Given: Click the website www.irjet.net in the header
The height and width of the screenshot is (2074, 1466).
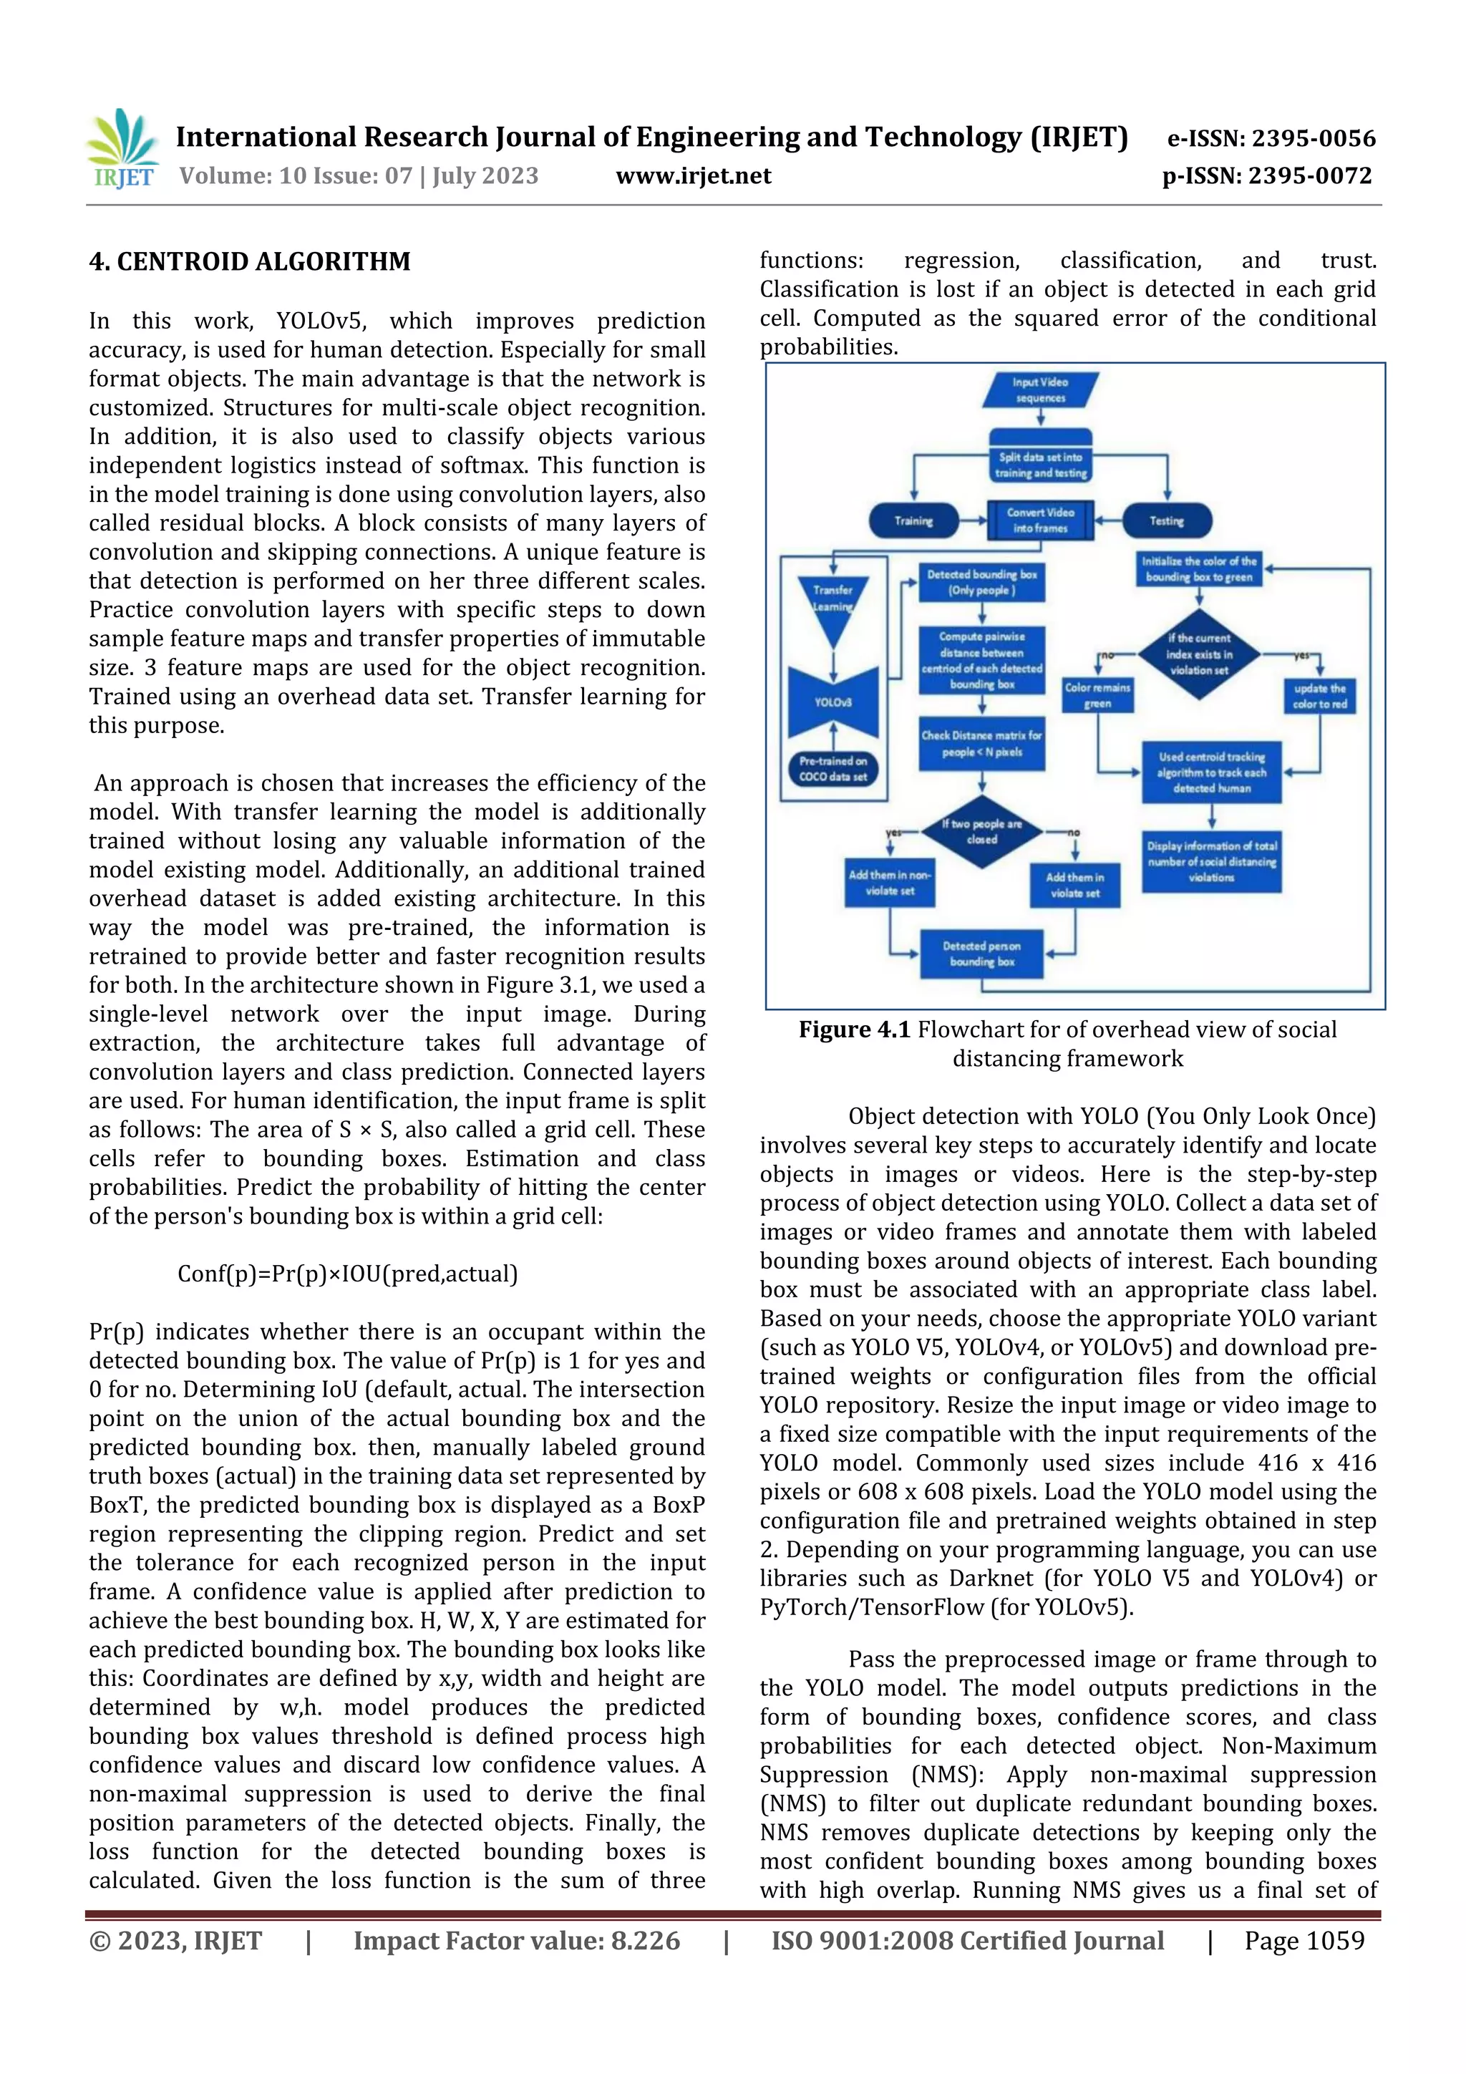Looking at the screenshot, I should coord(693,176).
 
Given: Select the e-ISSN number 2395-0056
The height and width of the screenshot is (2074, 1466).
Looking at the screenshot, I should coord(1271,138).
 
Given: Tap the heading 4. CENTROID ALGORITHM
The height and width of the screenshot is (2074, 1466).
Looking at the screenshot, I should coord(249,262).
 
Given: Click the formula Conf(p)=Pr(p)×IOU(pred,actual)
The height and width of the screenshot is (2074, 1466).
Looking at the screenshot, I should coord(348,1274).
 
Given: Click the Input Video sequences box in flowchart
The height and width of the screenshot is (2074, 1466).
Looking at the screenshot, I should coord(1041,390).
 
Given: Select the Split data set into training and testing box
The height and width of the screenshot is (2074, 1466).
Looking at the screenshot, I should coord(1041,465).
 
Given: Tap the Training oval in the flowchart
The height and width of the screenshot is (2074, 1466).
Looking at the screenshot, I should coord(913,521).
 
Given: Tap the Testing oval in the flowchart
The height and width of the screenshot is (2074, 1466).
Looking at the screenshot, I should coord(1166,521).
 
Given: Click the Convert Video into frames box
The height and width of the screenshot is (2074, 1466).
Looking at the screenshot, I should coord(1041,520).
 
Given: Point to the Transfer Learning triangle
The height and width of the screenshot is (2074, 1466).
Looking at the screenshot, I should coord(832,604).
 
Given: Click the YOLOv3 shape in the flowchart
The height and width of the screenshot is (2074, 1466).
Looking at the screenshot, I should coord(832,702).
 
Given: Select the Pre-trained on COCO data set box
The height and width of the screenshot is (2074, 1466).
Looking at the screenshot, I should coord(832,769).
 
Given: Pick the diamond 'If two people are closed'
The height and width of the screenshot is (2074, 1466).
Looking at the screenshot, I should coord(982,832).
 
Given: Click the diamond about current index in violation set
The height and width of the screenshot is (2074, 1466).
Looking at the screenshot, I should coord(1198,654).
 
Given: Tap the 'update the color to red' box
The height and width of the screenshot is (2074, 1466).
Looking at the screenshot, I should coord(1320,697).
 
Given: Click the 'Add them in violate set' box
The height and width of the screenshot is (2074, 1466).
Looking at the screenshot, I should coord(1075,886).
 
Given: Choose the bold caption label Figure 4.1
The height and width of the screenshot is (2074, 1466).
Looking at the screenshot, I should coord(853,1029).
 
